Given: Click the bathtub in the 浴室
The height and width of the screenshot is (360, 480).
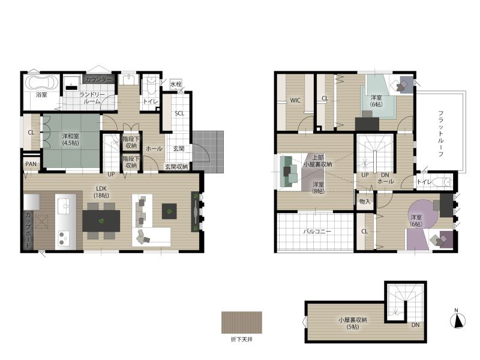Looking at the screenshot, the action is (41, 82).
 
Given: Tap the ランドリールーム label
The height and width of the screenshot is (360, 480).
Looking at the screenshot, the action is (92, 98).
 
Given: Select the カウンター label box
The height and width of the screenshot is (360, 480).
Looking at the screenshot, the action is (99, 79).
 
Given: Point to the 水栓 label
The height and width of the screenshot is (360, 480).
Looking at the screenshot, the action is (176, 84).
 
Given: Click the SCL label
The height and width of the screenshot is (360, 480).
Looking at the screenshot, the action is (179, 113).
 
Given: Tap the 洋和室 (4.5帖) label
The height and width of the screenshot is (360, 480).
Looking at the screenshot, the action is (70, 139).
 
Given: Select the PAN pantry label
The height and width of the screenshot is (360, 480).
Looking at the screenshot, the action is (31, 164).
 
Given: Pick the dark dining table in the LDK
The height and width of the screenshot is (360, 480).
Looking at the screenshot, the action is (101, 221).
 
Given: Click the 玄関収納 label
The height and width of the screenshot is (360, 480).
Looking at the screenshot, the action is (176, 167).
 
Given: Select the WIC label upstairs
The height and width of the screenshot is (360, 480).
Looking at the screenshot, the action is (295, 100).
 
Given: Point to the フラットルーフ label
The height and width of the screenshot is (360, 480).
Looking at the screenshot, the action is (440, 133).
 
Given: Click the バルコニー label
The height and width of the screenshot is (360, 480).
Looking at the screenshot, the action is (317, 232).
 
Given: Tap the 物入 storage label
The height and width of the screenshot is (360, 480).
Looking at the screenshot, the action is (365, 202).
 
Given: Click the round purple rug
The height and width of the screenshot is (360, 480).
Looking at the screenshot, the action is (423, 214).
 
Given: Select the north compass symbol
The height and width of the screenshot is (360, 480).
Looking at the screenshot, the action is (458, 320).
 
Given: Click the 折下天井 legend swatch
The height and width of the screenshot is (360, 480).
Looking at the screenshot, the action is (242, 322).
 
